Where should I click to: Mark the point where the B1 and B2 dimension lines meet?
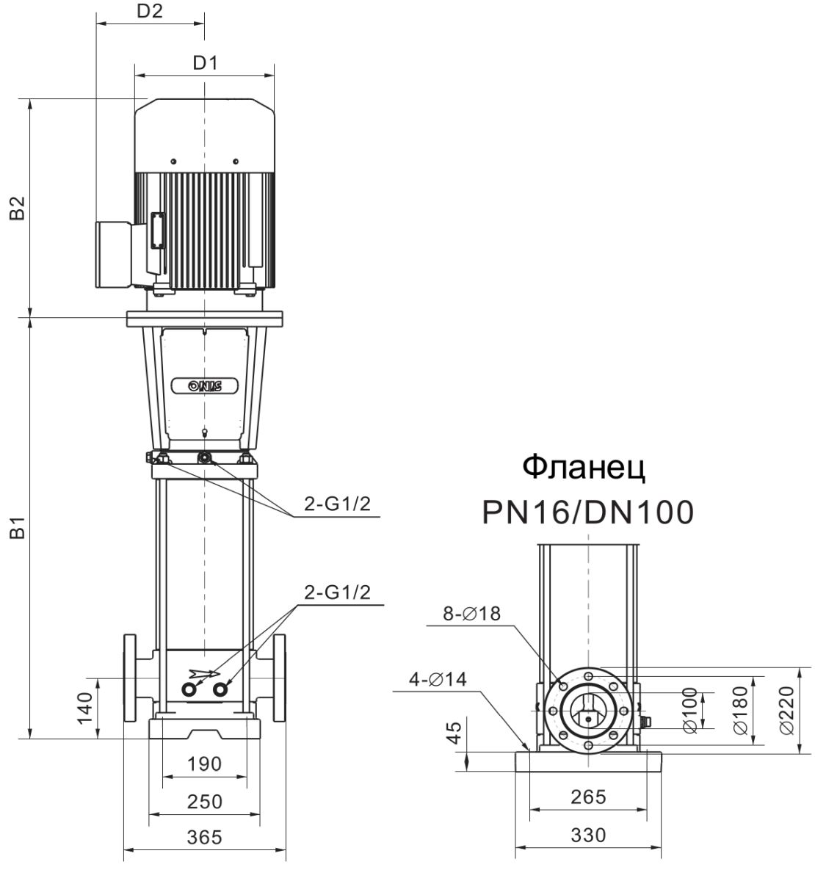click(x=30, y=317)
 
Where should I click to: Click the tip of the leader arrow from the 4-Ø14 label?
click(x=528, y=750)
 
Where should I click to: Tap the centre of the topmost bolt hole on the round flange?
click(x=588, y=676)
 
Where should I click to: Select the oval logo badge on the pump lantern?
click(x=205, y=386)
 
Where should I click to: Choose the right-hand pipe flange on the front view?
click(x=279, y=678)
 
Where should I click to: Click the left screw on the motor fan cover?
click(x=173, y=161)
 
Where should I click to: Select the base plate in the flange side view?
click(x=588, y=761)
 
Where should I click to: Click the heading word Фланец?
click(x=584, y=467)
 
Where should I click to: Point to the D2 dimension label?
click(x=150, y=11)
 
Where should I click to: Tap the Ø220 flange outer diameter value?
click(x=786, y=710)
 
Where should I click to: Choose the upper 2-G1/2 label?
click(x=337, y=504)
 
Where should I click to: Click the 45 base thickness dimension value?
click(x=454, y=733)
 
